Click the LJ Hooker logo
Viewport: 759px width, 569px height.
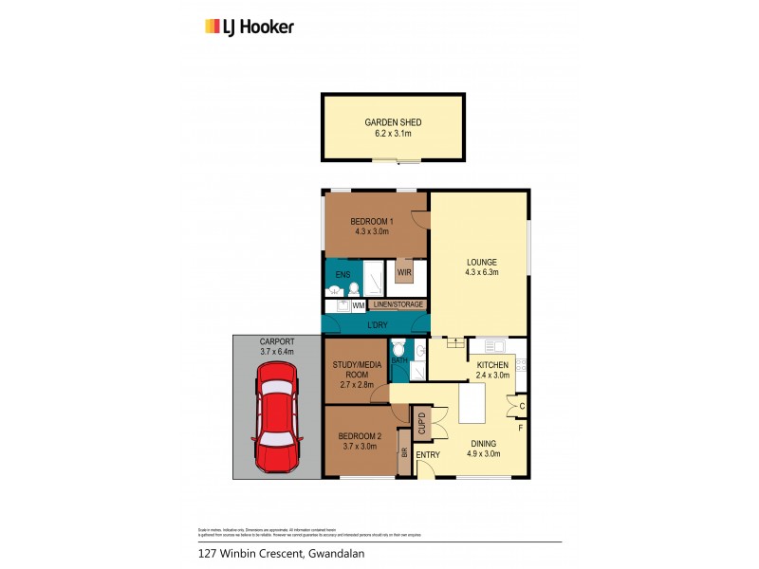[250, 27]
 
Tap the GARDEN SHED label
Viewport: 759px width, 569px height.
[392, 122]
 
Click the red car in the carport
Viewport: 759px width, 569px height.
[276, 424]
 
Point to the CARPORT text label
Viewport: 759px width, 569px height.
[277, 341]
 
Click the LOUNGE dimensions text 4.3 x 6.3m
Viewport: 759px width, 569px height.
[482, 273]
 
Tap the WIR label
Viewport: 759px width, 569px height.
[404, 273]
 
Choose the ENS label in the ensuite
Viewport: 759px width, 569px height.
[342, 275]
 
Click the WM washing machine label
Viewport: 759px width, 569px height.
[358, 305]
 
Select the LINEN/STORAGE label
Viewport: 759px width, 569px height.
[398, 304]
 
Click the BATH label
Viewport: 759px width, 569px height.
[398, 361]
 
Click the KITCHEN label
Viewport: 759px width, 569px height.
[492, 365]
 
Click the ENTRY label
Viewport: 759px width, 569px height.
[428, 455]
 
